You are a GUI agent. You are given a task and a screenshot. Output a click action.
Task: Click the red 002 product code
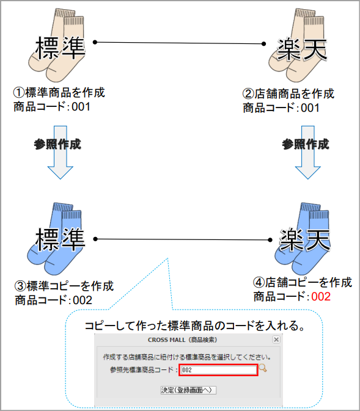[x=321, y=297]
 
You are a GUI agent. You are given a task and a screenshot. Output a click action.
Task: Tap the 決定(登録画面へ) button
[x=188, y=390]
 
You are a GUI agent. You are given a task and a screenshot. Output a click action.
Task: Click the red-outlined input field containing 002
[x=218, y=370]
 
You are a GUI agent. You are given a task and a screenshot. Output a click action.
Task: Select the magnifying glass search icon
[x=263, y=368]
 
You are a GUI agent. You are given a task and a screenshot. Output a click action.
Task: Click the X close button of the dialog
[x=276, y=340]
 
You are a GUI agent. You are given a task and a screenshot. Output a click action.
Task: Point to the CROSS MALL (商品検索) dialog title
[x=182, y=340]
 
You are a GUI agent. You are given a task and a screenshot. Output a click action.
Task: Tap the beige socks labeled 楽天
[x=297, y=45]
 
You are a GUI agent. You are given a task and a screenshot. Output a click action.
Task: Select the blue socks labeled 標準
[x=55, y=239]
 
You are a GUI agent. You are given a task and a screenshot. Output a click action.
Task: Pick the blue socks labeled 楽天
[x=302, y=239]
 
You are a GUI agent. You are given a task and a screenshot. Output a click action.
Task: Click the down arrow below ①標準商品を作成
[x=61, y=152]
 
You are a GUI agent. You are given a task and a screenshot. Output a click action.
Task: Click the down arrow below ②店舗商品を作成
[x=308, y=152]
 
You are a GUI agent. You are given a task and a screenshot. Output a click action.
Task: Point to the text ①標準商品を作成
[x=59, y=92]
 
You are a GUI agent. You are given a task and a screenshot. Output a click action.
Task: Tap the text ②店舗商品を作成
[x=288, y=93]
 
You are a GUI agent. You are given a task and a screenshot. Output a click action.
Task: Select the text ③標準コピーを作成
[x=64, y=286]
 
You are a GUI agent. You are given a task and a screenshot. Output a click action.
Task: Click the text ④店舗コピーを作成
[x=303, y=282]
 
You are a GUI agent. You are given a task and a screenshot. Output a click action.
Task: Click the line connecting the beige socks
[x=180, y=43]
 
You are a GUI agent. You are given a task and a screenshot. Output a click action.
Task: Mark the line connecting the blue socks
[x=183, y=239]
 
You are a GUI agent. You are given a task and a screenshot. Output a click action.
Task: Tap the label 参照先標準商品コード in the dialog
[x=142, y=370]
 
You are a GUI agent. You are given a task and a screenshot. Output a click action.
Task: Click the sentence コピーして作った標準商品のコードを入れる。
[x=195, y=326]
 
